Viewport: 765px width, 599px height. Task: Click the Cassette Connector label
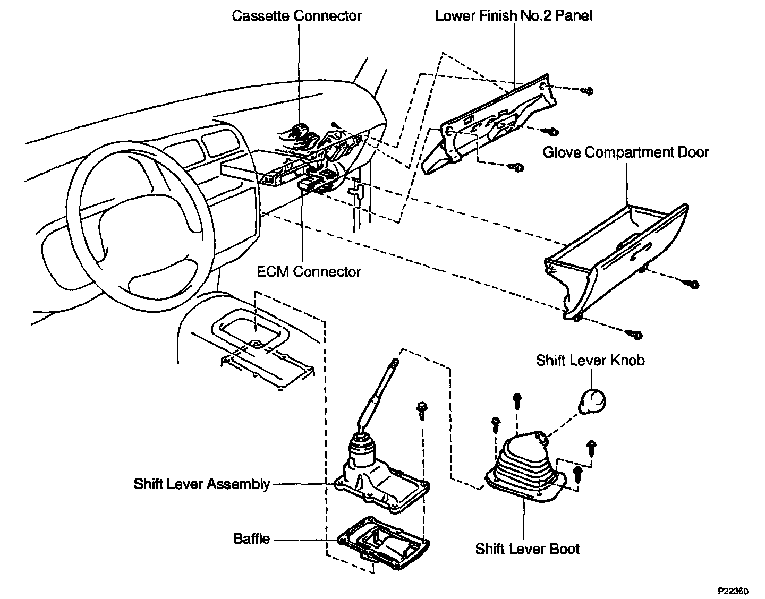coord(296,16)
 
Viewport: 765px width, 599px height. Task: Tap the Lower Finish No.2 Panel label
coord(514,16)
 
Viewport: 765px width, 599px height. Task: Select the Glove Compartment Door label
coord(626,152)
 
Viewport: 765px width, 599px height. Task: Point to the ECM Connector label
coord(309,271)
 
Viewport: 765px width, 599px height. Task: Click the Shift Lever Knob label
coord(590,360)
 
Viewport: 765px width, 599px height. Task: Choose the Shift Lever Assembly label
coord(201,484)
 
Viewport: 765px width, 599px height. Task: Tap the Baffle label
coord(251,539)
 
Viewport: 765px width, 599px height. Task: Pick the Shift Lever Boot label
coord(527,549)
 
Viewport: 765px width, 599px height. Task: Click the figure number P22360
coord(733,591)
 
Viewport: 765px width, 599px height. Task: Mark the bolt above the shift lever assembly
coord(421,411)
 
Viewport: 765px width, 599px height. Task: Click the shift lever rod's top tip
coord(396,360)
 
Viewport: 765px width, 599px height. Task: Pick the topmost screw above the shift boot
coord(517,400)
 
